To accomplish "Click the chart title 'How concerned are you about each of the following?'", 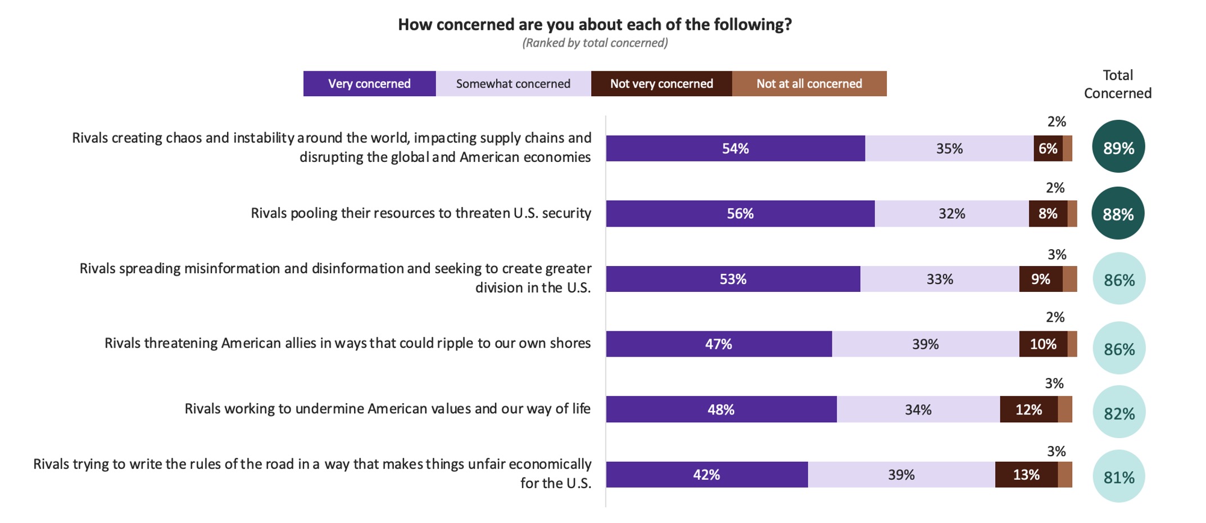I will click(595, 25).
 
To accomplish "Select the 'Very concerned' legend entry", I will click(369, 84).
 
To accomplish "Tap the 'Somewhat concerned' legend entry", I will click(513, 84).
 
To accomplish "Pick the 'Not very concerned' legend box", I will click(661, 84).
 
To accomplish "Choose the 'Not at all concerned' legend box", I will click(809, 84).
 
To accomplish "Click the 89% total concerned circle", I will click(1118, 147).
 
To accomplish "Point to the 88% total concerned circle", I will click(1118, 214).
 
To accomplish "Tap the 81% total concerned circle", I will click(1119, 477).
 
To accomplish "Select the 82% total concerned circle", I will click(1119, 413).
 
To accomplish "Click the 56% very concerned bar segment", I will click(740, 214).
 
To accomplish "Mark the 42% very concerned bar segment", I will click(706, 475).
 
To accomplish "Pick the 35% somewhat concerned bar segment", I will click(949, 148).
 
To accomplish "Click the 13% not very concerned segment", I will click(1026, 475).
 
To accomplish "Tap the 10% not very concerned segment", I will click(1043, 344).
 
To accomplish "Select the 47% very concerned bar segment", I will click(719, 344).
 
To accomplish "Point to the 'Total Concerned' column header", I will click(1117, 84).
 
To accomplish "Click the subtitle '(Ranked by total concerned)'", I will click(595, 43).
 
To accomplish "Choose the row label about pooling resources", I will click(420, 213).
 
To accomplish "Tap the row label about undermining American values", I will click(387, 409).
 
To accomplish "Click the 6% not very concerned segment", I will click(1048, 148).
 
